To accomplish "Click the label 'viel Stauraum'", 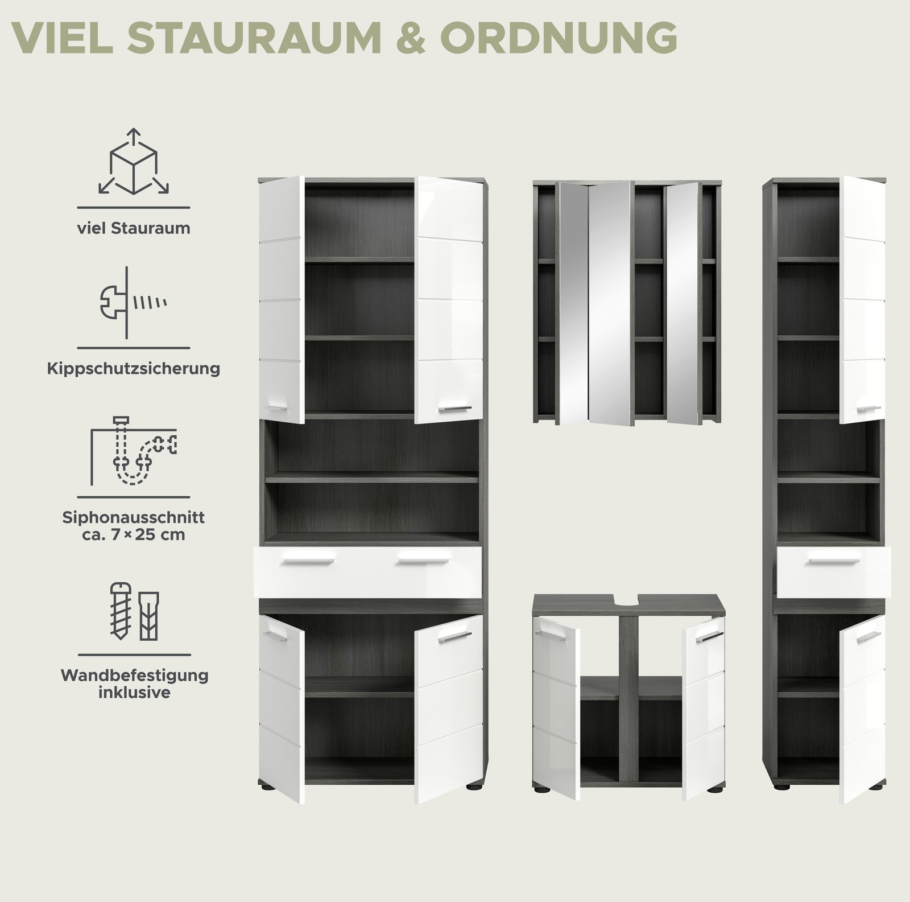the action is click(134, 228).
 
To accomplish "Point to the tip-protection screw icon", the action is click(134, 302).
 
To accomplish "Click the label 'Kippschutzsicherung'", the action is click(134, 368).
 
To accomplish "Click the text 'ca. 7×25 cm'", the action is click(134, 535).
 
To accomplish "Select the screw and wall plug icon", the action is click(134, 612).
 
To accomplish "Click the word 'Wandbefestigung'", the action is click(134, 676).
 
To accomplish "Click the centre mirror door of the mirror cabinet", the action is click(609, 303).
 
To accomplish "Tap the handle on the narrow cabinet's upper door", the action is click(868, 408).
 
